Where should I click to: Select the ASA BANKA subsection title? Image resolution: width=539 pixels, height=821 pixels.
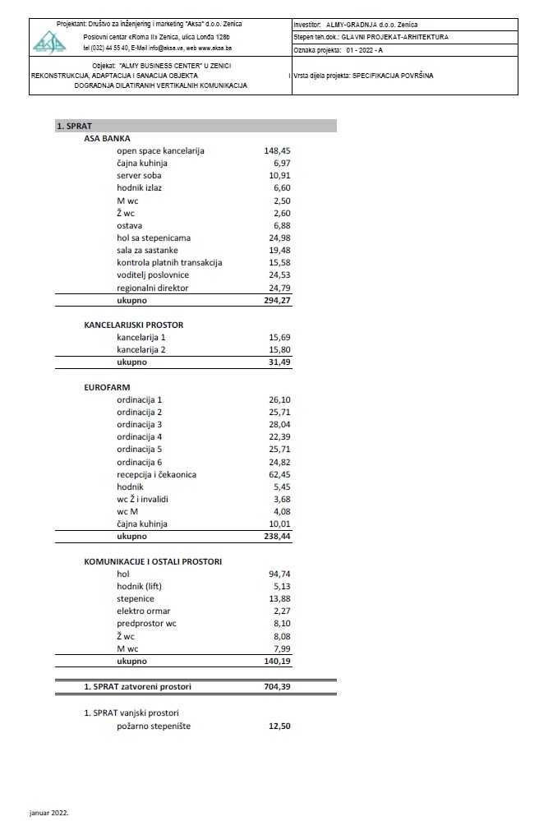pos(108,139)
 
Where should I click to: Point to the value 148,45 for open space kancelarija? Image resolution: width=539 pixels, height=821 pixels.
pos(277,151)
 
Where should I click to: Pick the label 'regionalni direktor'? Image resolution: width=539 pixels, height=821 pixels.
pos(153,288)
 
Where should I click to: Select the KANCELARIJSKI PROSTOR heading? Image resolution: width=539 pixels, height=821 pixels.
pos(133,325)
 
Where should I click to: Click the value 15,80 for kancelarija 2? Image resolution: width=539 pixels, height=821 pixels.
pos(279,350)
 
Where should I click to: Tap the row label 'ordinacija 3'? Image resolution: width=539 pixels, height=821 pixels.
pos(140,425)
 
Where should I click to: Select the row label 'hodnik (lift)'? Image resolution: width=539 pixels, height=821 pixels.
pos(143,587)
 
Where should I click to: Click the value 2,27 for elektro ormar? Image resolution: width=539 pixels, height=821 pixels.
pos(281,611)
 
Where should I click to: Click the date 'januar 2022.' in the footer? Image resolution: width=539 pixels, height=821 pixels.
pos(48,812)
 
